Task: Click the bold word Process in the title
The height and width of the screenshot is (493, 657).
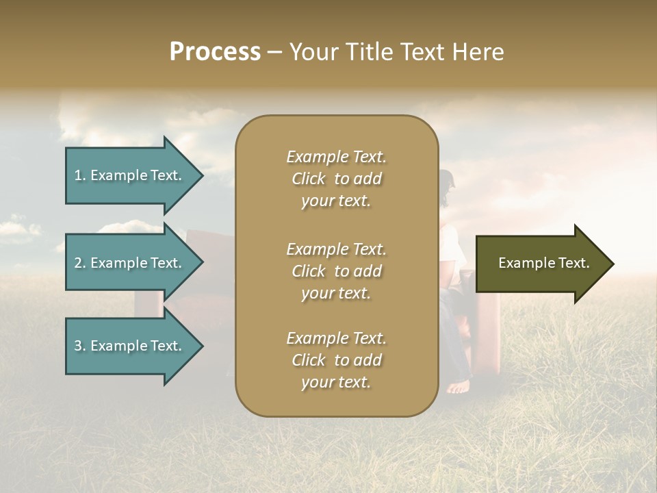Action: tap(215, 52)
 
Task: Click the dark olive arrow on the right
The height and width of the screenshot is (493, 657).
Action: tap(541, 264)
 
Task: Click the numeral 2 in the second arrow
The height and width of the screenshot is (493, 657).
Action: tap(77, 263)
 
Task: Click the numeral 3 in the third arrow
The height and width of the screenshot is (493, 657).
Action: tap(77, 346)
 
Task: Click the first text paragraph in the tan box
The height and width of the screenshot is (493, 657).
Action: tap(336, 179)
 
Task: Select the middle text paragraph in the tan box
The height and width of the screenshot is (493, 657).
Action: tap(336, 271)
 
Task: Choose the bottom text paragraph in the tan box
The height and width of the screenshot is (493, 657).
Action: tap(336, 360)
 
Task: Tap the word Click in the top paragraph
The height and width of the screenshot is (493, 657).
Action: tap(309, 179)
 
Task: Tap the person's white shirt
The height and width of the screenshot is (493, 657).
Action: tap(455, 246)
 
